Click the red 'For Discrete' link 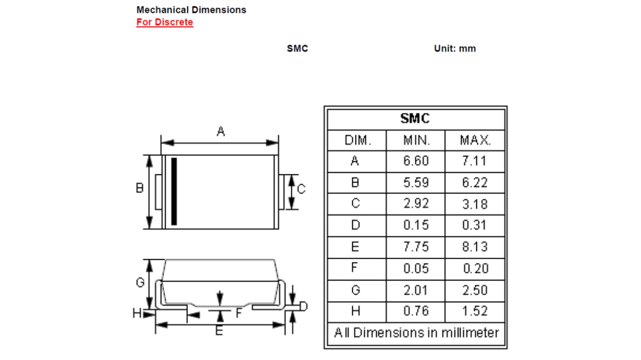pos(164,22)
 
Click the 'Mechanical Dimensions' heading pos(191,9)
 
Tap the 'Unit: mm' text pos(455,49)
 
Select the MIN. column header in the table pos(416,140)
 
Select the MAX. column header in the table pos(475,140)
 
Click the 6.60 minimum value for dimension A pos(416,161)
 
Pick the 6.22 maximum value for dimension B pos(475,183)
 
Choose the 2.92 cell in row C pos(416,204)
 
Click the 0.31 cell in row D pos(475,225)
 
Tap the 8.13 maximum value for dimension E pos(475,247)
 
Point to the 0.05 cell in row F pos(416,268)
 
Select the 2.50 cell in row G pos(475,290)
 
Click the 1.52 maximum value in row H pos(475,311)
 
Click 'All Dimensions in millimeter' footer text pos(416,333)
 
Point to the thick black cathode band pos(174,191)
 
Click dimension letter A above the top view pos(220,132)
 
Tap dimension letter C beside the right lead pos(302,189)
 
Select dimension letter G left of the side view pos(140,282)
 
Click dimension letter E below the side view pos(219,332)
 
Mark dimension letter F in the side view pos(239,313)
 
